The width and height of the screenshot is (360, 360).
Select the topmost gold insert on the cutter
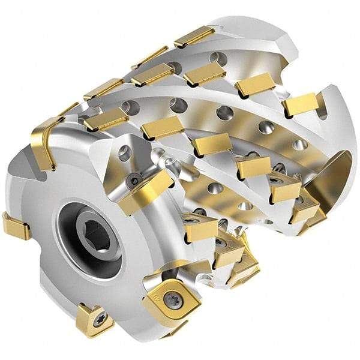[x=194, y=37]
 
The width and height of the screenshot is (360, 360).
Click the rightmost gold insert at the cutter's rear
[x=300, y=104]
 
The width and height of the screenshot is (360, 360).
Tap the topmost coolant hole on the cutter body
[x=219, y=58]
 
